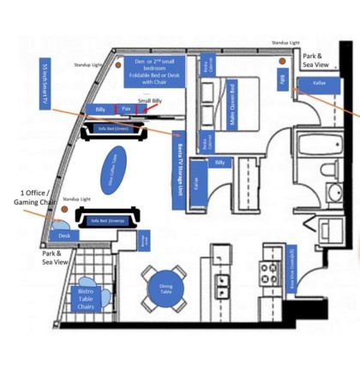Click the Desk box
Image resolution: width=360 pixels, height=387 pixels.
tap(63, 235)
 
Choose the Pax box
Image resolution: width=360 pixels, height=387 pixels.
tap(126, 110)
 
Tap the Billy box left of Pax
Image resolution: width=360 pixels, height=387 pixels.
tap(100, 110)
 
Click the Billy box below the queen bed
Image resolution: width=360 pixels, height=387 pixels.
tap(220, 162)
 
